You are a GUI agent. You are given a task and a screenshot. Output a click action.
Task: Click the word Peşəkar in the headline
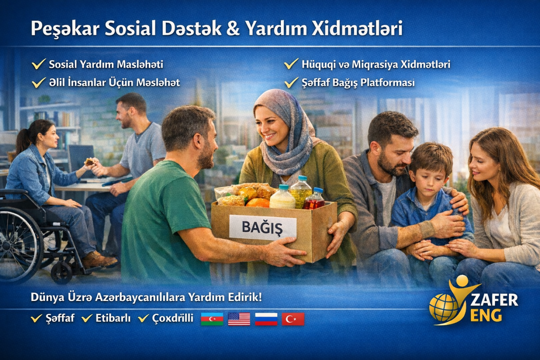[x=65, y=29]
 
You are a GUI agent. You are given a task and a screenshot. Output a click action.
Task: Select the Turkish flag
[x=293, y=319]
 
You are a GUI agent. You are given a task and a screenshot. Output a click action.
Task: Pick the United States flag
[x=239, y=319]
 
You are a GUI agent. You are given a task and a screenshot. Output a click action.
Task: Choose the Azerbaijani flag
[x=212, y=319]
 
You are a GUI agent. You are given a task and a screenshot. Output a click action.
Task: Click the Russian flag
[x=266, y=319]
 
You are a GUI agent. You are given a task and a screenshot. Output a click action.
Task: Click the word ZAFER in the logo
[x=494, y=300]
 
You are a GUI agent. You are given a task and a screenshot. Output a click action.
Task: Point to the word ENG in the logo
[x=486, y=315]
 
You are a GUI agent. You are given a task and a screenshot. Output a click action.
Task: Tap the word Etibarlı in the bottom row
[x=113, y=318]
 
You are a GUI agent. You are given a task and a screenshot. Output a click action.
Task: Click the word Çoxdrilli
[x=173, y=319]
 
